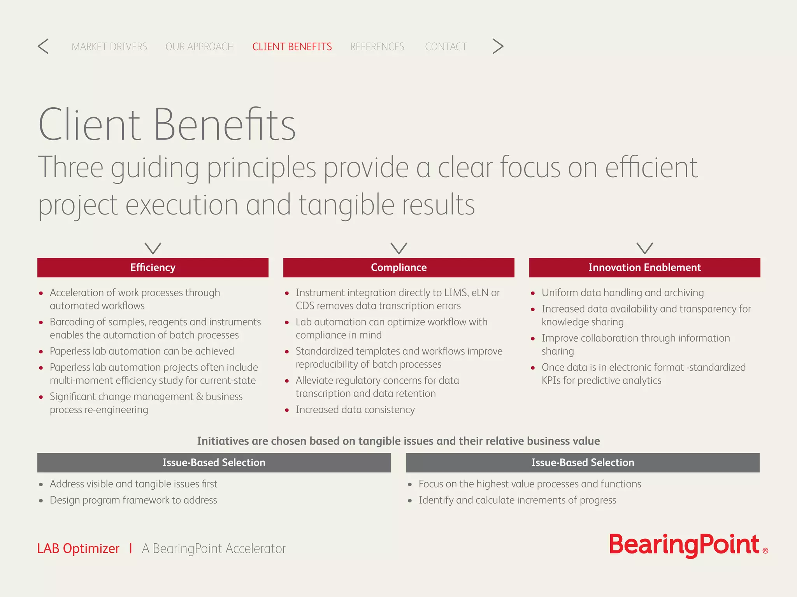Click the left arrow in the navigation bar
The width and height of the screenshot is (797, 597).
[x=43, y=46]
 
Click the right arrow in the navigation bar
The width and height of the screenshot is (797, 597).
[x=498, y=46]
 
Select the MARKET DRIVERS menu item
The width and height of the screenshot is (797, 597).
[x=109, y=47]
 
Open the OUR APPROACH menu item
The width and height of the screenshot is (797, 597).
[x=200, y=47]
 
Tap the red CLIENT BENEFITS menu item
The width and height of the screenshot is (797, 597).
[x=292, y=47]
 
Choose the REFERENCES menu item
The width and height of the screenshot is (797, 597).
[x=377, y=47]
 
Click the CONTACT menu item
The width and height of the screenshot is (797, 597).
[x=446, y=47]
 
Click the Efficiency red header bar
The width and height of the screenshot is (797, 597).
[x=153, y=267]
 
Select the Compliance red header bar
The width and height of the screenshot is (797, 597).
[x=398, y=267]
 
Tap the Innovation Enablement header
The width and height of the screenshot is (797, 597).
[x=644, y=267]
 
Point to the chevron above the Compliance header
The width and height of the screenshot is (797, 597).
[x=398, y=248]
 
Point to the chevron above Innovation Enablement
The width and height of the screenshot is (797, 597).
[x=644, y=248]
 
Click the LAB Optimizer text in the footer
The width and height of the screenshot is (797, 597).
[x=78, y=548]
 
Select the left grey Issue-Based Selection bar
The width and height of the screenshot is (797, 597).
[x=214, y=463]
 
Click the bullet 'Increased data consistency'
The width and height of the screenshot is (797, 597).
[x=355, y=410]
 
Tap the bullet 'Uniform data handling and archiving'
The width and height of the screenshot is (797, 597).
[x=622, y=293]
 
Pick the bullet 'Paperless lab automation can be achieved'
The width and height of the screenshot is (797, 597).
[x=142, y=351]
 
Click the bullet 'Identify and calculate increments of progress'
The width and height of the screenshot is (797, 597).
[x=517, y=500]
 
